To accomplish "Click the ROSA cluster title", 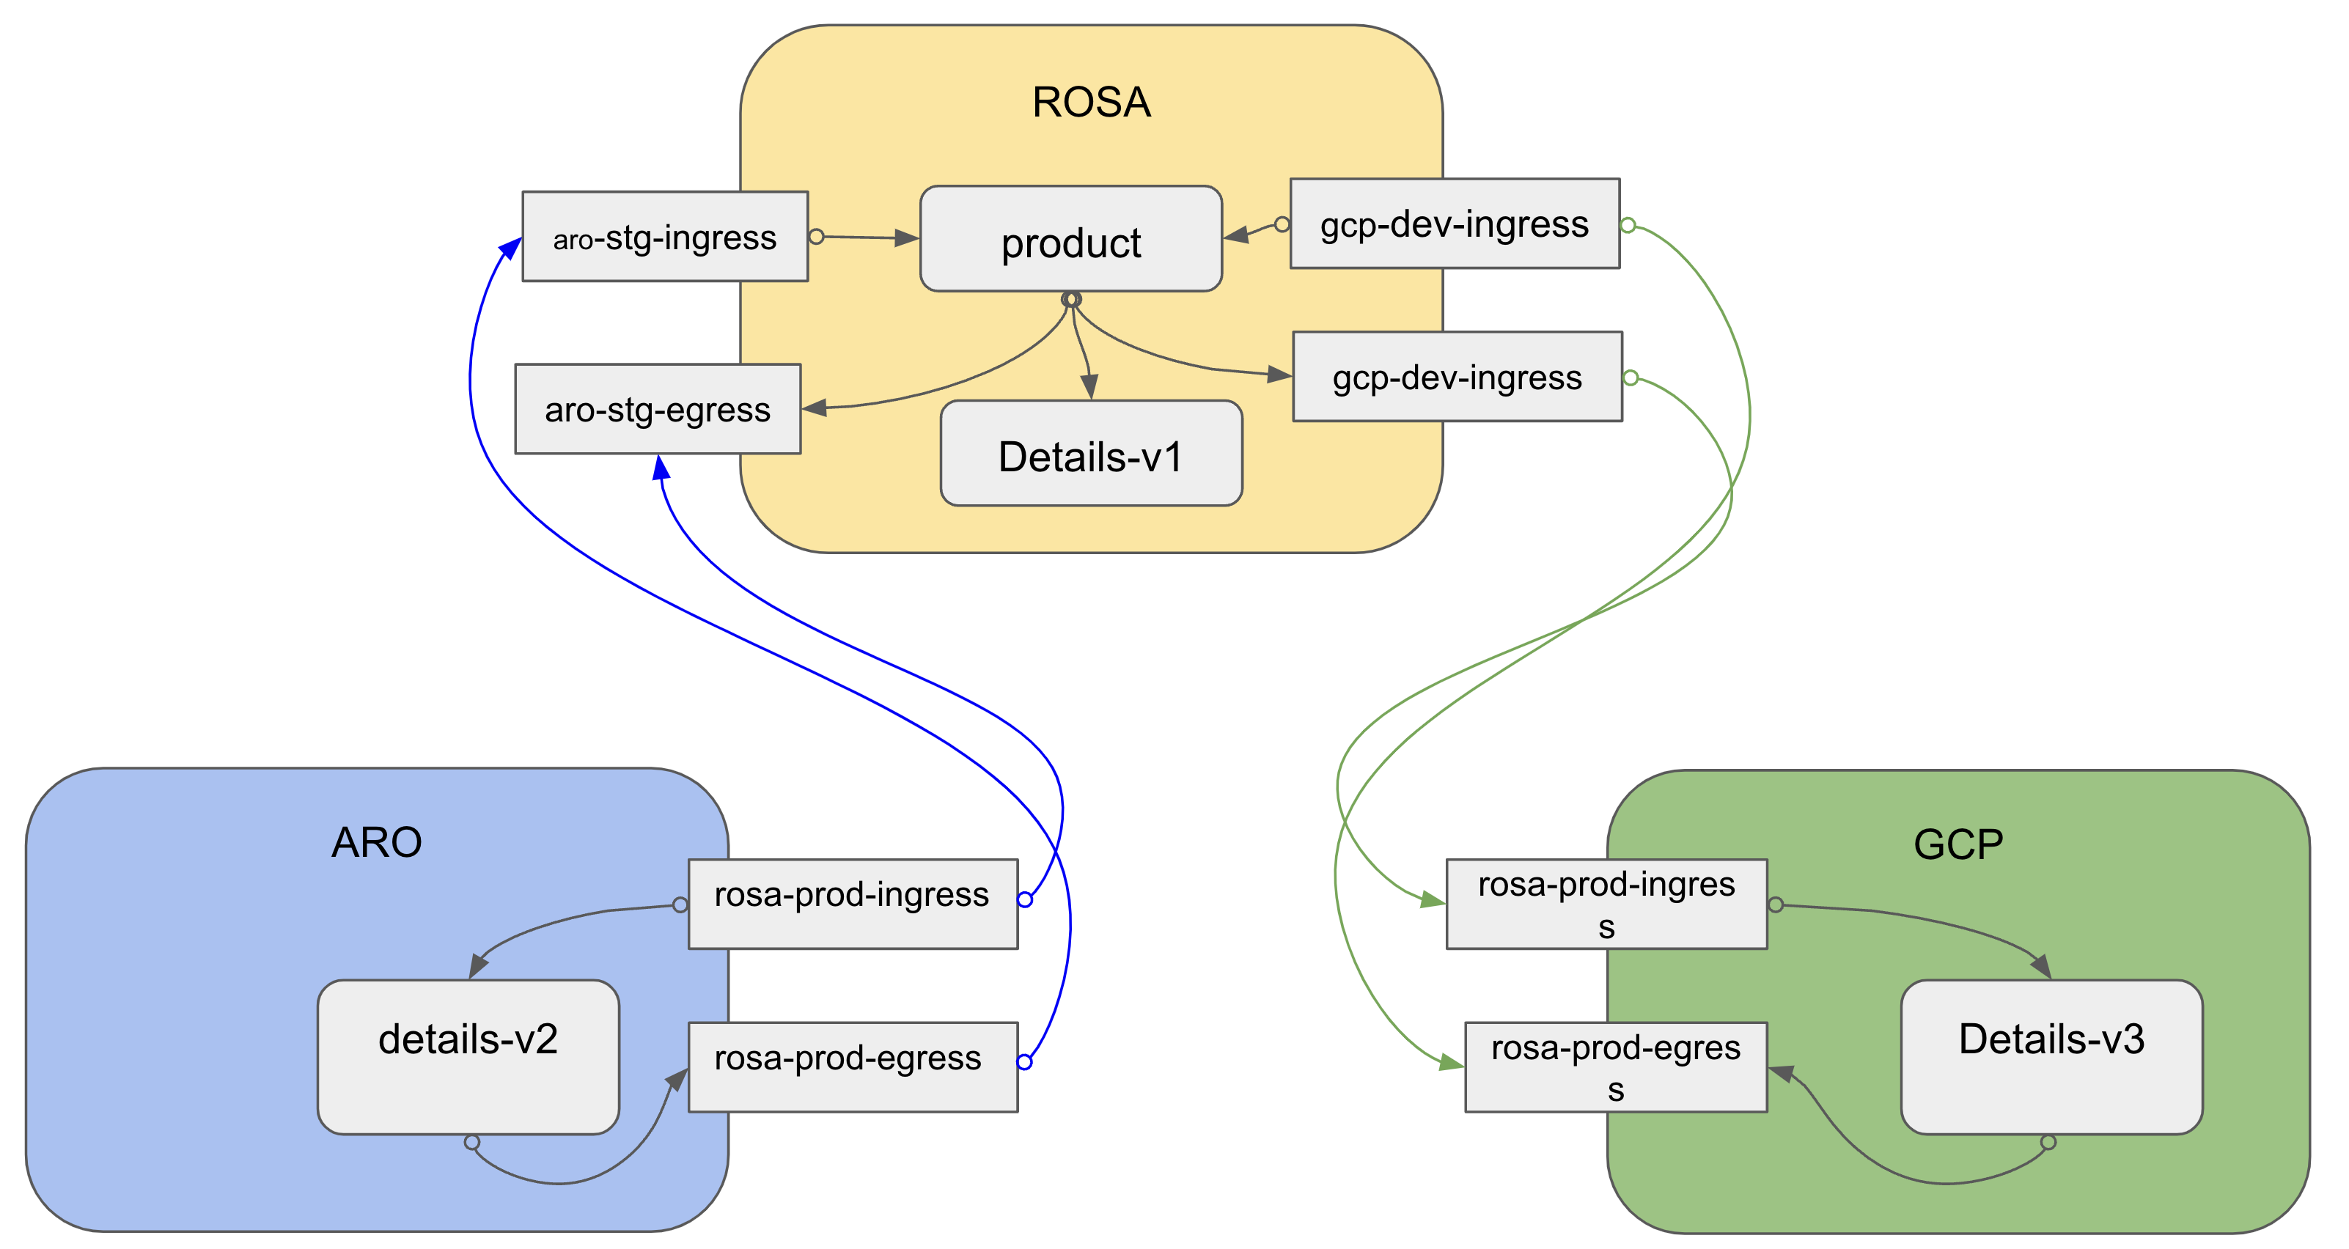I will point(1091,102).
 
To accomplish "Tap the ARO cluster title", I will point(377,842).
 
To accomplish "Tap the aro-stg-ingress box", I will point(665,237).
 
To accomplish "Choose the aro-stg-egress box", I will point(658,409).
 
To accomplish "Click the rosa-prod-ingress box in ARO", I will point(852,904).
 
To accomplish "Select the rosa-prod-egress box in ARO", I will point(852,1066).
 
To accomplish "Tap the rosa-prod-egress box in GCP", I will point(1615,1066).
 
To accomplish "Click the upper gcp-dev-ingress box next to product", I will point(1455,224).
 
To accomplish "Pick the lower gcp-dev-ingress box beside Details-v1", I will point(1457,377).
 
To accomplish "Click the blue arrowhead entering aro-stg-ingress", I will point(511,248).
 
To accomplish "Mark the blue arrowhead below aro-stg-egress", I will point(661,468).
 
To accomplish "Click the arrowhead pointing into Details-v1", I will point(1089,386).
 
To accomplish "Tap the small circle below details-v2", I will point(471,1142).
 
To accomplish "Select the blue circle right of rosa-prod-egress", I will point(1024,1062).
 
